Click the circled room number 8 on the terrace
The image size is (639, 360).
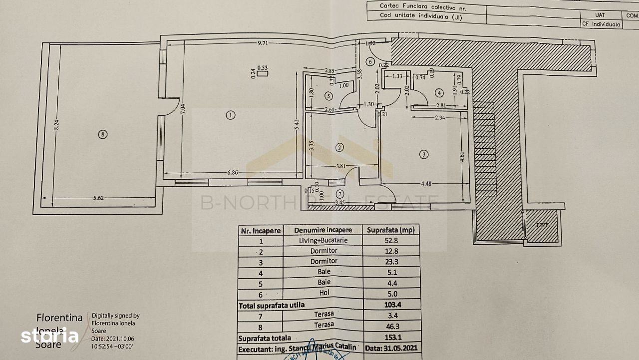click(x=102, y=134)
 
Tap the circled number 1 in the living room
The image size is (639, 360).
click(x=230, y=115)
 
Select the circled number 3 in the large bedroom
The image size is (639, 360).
click(x=424, y=155)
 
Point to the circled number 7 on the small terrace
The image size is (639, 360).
click(x=340, y=194)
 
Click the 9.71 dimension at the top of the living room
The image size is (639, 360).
click(x=263, y=43)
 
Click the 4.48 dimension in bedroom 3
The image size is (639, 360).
click(x=426, y=183)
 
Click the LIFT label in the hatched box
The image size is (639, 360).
click(x=542, y=226)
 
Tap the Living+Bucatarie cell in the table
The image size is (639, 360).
click(x=323, y=241)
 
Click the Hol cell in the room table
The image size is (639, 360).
click(x=323, y=293)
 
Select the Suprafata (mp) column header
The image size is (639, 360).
click(x=390, y=230)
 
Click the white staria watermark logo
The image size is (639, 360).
click(x=50, y=336)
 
